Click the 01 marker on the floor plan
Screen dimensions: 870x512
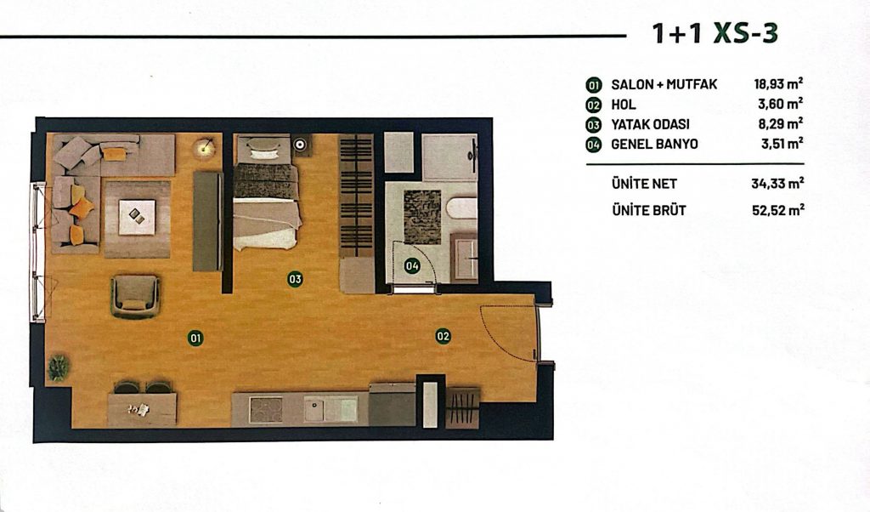pos(195,338)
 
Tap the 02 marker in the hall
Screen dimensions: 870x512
pos(443,336)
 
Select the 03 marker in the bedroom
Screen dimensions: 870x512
pos(295,279)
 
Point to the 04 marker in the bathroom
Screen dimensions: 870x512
pos(412,266)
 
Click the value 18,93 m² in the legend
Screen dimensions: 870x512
pos(778,84)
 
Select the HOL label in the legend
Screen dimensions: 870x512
pos(624,105)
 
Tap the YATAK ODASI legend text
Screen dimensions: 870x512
pos(650,124)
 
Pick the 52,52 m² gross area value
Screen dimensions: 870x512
pos(778,210)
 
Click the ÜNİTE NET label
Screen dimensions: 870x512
pos(644,183)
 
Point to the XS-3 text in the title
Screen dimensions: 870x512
pos(745,33)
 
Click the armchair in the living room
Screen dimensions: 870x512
pos(135,296)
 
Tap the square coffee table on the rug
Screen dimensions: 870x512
pos(137,217)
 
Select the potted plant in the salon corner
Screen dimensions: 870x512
pos(59,367)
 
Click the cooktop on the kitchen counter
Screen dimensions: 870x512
pos(266,410)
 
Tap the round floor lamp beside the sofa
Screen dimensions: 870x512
pos(204,147)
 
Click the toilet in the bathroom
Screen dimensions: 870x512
pos(461,209)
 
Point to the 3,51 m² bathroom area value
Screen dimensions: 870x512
pos(782,144)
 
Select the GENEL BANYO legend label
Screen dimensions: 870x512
pos(655,145)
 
